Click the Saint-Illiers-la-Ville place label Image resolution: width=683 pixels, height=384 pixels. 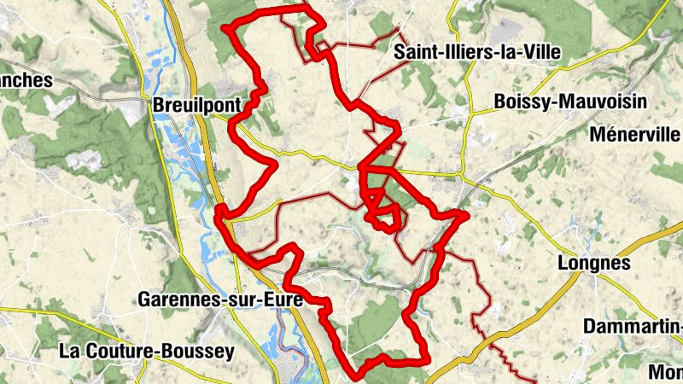pyautogui.click(x=477, y=53)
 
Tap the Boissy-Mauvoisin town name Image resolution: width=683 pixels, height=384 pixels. pyautogui.click(x=570, y=102)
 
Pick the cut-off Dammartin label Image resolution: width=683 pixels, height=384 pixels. pyautogui.click(x=632, y=327)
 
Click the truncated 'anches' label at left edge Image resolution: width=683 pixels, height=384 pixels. pyautogui.click(x=26, y=81)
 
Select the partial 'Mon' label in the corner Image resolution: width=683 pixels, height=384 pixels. pyautogui.click(x=666, y=371)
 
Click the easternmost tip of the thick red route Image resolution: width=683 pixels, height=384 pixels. pyautogui.click(x=468, y=216)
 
